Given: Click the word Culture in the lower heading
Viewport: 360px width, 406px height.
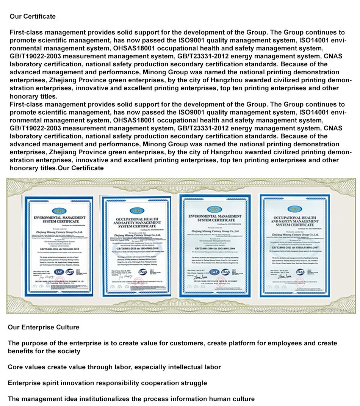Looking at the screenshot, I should tap(68, 327).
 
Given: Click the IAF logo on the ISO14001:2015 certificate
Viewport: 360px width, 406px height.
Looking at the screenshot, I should tap(59, 271).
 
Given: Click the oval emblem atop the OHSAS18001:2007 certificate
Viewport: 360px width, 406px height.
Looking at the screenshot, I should tap(292, 209).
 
